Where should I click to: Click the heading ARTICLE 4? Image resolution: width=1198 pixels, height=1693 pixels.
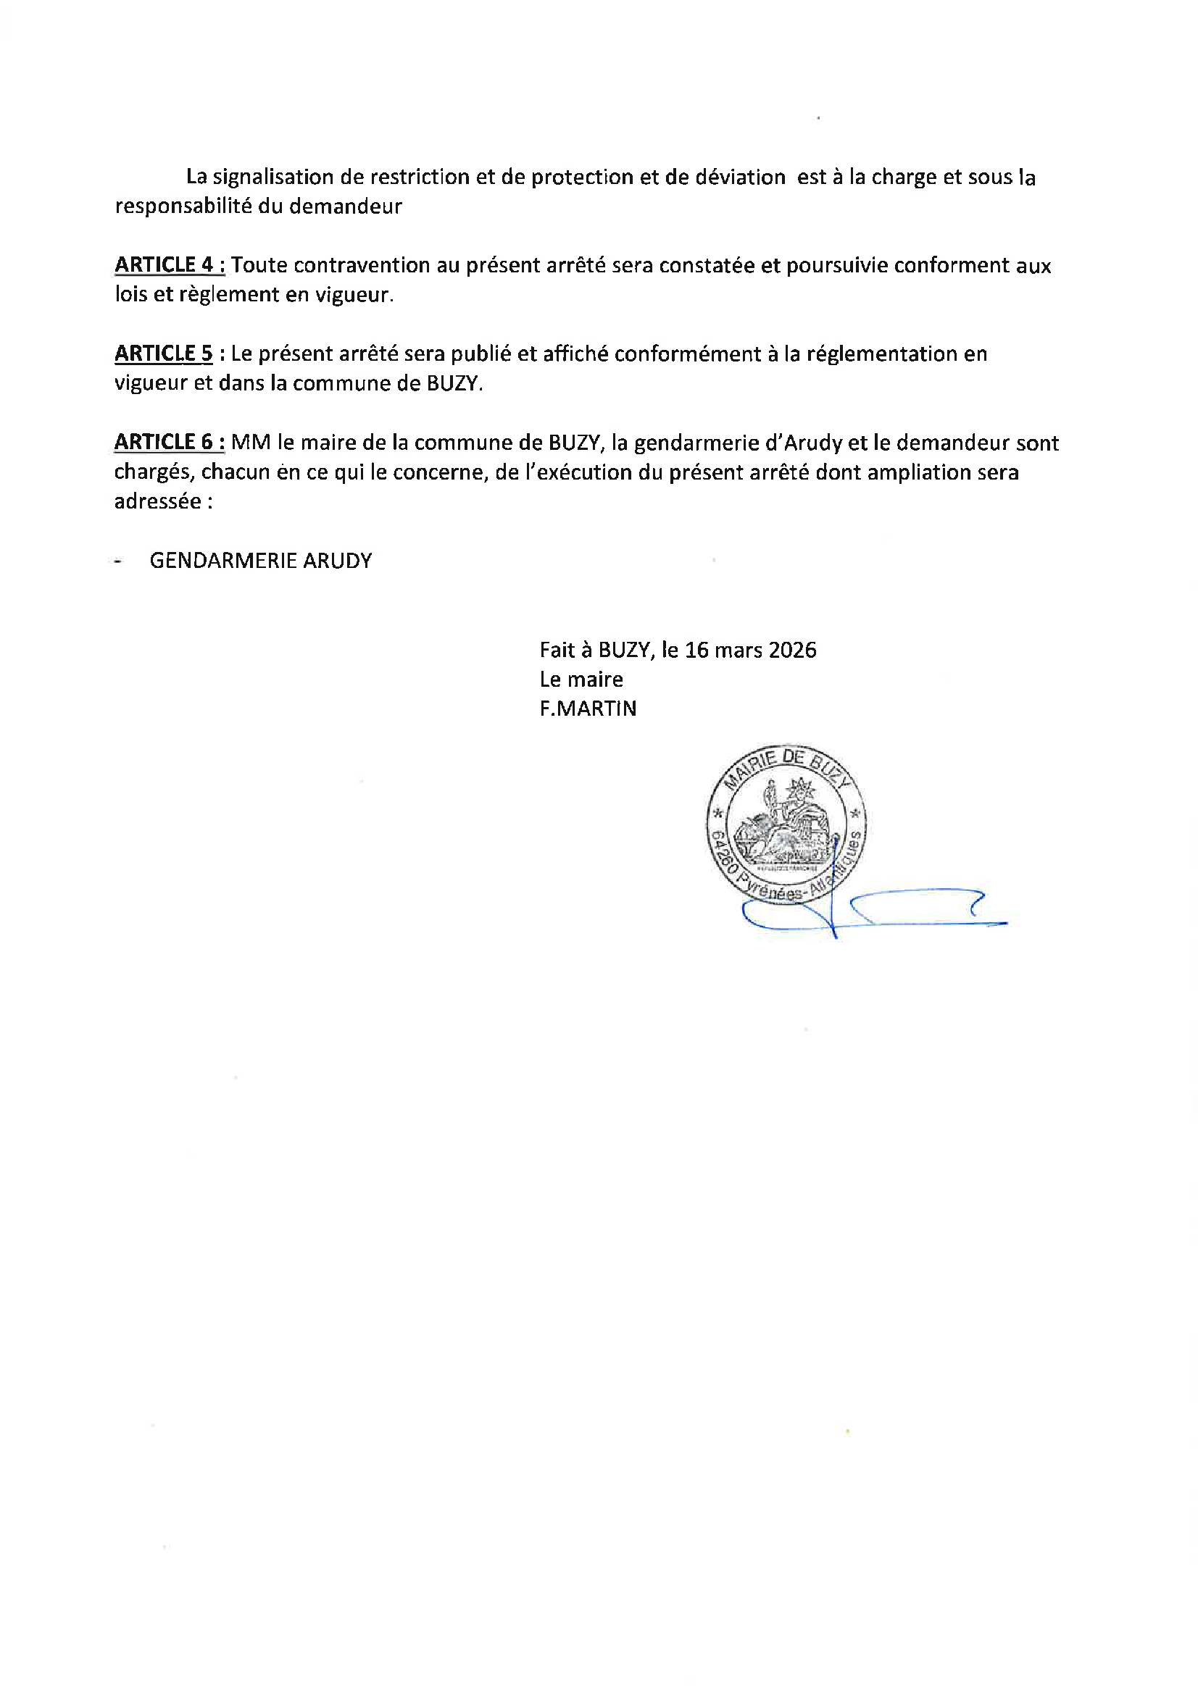169,265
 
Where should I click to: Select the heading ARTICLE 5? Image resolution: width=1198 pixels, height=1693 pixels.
164,354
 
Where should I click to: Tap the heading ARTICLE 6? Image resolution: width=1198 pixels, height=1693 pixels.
169,443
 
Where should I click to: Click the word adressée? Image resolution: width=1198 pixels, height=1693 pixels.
158,501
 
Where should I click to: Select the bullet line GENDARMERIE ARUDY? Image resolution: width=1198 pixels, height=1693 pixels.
260,561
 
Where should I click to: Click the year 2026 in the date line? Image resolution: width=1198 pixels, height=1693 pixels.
792,651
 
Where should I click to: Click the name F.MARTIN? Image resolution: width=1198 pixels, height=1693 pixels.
588,709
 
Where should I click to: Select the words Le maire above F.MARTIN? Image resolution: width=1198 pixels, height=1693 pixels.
581,679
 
